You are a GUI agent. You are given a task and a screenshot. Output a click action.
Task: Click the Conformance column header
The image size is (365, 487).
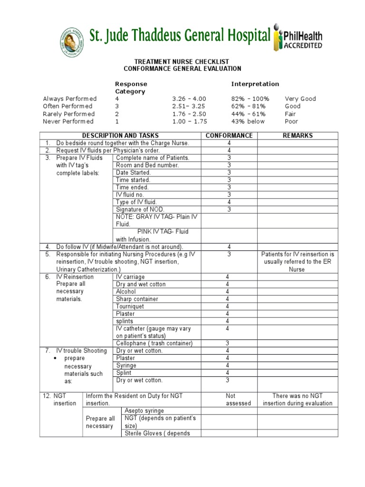pyautogui.click(x=229, y=136)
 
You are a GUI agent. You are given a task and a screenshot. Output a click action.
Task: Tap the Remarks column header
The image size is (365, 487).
pyautogui.click(x=298, y=136)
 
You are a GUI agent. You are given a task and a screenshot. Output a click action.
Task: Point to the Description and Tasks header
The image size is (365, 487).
pyautogui.click(x=120, y=136)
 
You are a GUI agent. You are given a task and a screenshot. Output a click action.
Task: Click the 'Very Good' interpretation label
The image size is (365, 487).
pyautogui.click(x=300, y=99)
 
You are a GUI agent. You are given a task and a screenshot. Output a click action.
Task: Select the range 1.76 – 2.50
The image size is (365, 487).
pyautogui.click(x=189, y=114)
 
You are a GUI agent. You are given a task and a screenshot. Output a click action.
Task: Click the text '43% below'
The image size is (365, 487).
pyautogui.click(x=249, y=122)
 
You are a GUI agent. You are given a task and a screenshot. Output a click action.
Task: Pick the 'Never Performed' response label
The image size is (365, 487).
pyautogui.click(x=68, y=122)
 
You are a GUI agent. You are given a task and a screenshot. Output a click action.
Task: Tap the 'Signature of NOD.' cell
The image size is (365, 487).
pyautogui.click(x=138, y=209)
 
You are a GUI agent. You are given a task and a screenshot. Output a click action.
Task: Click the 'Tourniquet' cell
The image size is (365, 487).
pyautogui.click(x=130, y=306)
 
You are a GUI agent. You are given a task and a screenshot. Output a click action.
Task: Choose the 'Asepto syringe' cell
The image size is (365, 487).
pyautogui.click(x=144, y=410)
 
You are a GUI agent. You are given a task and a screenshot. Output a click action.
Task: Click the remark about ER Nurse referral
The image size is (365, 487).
pyautogui.click(x=298, y=262)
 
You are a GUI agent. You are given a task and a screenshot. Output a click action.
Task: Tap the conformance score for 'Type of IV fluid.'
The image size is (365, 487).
pyautogui.click(x=229, y=202)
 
